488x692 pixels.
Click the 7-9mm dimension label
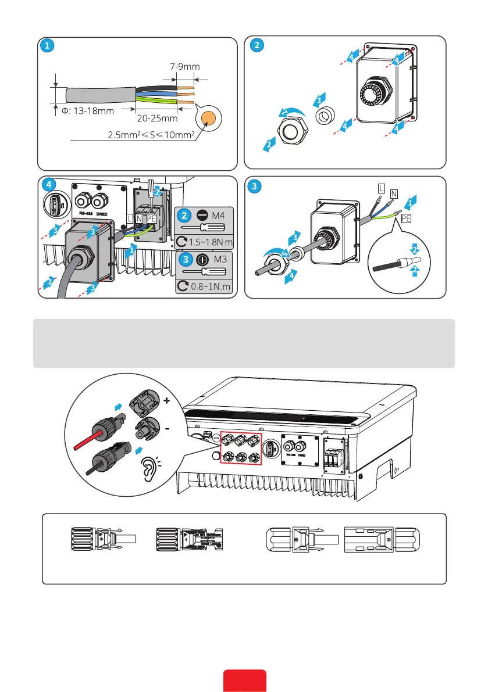[x=183, y=67]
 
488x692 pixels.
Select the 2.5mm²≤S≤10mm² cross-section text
[x=150, y=135]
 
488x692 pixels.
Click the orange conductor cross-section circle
[x=208, y=118]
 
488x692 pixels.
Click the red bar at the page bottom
[x=245, y=681]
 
